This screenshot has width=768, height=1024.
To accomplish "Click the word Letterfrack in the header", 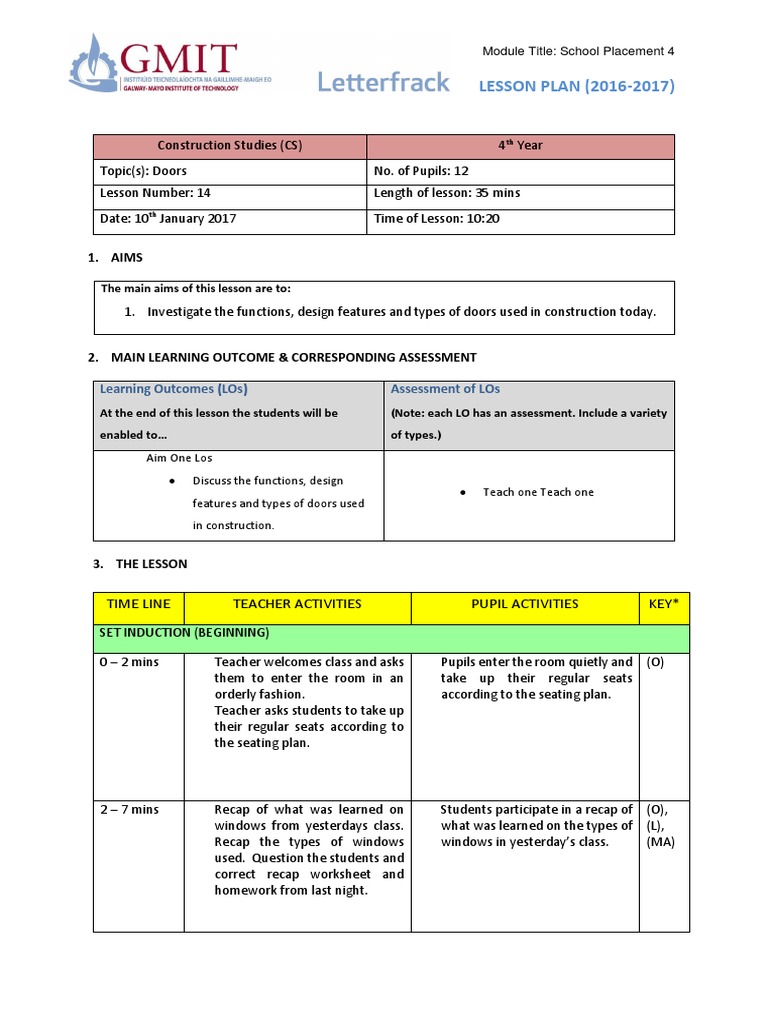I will point(383,83).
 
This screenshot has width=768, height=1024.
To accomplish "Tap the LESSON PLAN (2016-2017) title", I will point(576,86).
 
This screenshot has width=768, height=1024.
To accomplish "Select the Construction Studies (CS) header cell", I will point(232,146).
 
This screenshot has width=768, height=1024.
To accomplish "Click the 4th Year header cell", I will point(520,146).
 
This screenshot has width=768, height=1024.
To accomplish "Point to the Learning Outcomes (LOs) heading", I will point(173,389).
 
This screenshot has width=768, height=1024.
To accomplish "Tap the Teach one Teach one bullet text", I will point(538,492).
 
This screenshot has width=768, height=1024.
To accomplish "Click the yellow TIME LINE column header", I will point(138,604).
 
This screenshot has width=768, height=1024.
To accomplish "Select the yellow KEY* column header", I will point(663,604).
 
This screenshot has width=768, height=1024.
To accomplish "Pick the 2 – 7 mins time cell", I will point(129,809).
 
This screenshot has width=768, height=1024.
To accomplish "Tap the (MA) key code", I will point(661,842).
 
